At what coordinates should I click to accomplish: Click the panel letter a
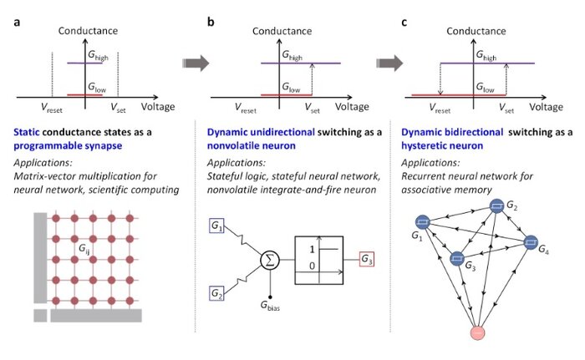[16, 21]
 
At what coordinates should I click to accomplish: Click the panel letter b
[211, 21]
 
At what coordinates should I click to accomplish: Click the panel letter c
[405, 21]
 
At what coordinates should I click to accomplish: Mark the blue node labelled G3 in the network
[457, 258]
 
